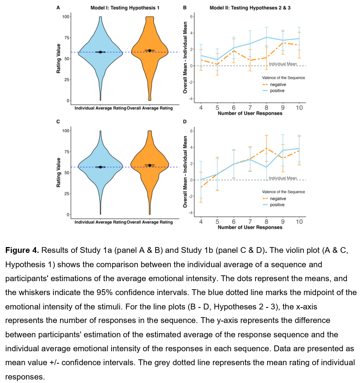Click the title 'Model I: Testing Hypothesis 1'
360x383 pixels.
pos(119,8)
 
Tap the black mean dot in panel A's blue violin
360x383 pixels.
pos(100,52)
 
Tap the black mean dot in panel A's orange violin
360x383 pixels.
pos(150,50)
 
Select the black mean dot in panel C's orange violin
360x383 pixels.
pos(150,165)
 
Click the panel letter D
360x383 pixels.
pos(185,122)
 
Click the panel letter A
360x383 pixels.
pos(58,8)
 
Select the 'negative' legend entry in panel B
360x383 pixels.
pos(278,84)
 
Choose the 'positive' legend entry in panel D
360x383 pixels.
pos(277,205)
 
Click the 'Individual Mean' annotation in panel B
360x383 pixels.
pos(283,64)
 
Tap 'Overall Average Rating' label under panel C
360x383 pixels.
pos(150,222)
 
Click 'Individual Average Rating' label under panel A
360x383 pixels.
pos(100,108)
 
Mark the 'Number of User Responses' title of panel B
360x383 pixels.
pos(250,114)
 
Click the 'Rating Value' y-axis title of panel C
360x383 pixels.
pos(59,172)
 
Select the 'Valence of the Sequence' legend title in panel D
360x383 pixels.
pos(283,192)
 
